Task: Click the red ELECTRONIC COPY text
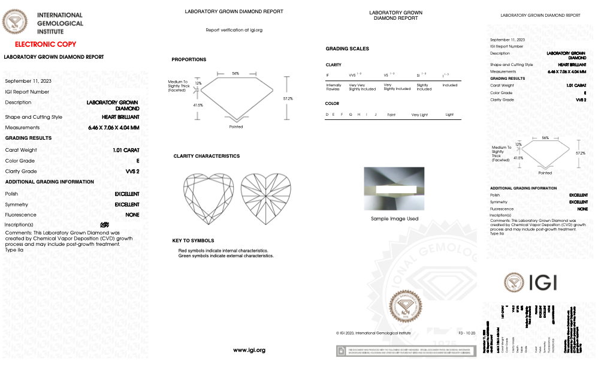[46, 44]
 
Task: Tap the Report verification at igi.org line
[234, 29]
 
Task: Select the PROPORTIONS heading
[189, 59]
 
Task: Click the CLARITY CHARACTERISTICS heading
[206, 156]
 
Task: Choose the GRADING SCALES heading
[347, 49]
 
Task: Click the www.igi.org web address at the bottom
[249, 350]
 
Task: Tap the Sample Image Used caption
[394, 219]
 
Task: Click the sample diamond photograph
[394, 189]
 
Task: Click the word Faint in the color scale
[391, 114]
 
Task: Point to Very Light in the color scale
[419, 114]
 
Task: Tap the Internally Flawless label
[333, 87]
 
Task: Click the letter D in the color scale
[327, 114]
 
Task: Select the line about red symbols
[223, 250]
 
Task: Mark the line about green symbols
[225, 255]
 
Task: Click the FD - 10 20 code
[466, 332]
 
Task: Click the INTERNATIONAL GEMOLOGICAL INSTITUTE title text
[60, 23]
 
